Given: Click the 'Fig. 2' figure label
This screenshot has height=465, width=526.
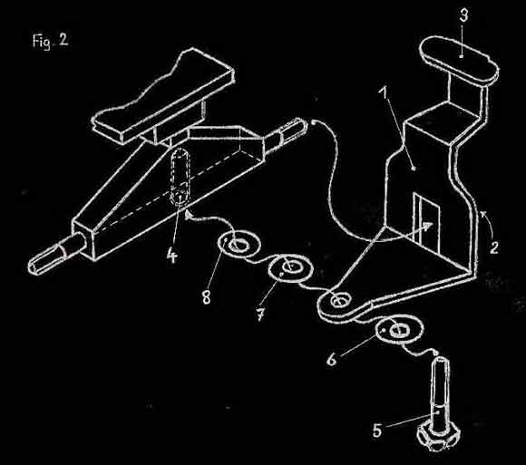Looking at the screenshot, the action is tap(50, 41).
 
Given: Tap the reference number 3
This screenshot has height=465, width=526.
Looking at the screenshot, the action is tap(463, 15).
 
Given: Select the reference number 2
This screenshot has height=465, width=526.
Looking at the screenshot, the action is tap(493, 247).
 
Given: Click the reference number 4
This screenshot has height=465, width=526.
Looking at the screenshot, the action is tap(171, 257).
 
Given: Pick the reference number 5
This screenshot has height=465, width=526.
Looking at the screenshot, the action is tap(377, 430).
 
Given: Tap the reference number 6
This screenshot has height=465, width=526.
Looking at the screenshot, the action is tap(331, 359).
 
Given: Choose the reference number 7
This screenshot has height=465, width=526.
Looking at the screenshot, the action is tap(260, 315).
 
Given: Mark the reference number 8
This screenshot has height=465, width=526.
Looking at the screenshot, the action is tap(206, 296).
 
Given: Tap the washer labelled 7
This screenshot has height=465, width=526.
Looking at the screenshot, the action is tap(291, 268).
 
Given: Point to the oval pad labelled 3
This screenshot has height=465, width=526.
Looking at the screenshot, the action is tap(459, 60).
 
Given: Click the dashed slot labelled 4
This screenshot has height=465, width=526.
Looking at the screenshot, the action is tap(180, 176).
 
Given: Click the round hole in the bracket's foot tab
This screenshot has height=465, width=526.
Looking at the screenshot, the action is tap(339, 301).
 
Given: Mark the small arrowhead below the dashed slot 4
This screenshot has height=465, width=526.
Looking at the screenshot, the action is tap(189, 214).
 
